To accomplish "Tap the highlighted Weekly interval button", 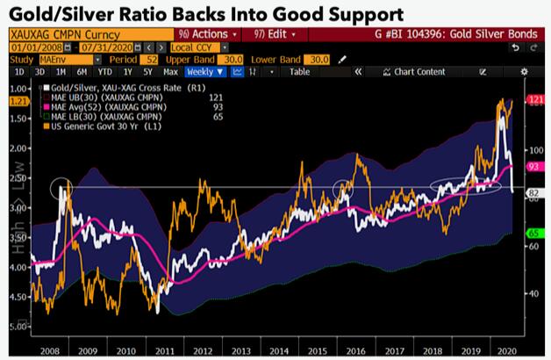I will click(203, 71).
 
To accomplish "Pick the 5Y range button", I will click(148, 71).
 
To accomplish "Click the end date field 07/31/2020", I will click(94, 46).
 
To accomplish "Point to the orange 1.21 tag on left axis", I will click(17, 103).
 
